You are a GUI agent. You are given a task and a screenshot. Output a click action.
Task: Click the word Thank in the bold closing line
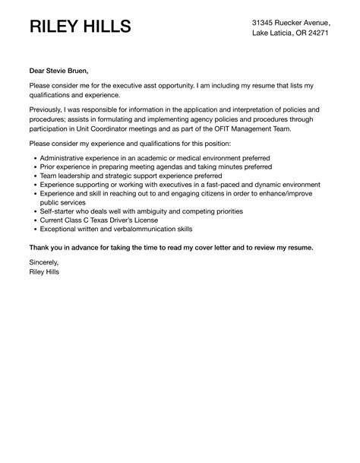pos(41,248)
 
